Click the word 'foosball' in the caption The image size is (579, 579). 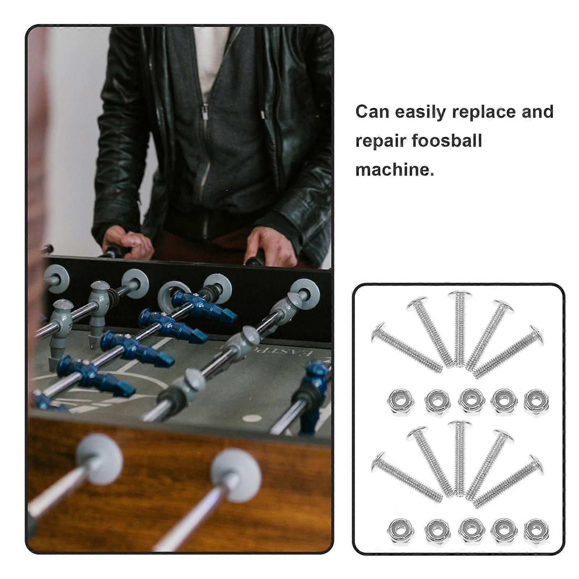tap(450, 140)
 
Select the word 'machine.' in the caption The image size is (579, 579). tap(395, 169)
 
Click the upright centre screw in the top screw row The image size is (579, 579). tap(459, 329)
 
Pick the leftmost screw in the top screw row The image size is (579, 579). tap(406, 347)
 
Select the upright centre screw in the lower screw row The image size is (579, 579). tap(459, 458)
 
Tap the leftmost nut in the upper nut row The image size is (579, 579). tap(401, 402)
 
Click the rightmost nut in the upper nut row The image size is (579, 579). tap(536, 402)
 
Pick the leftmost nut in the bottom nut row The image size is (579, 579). tap(401, 532)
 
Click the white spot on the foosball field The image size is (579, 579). tap(252, 418)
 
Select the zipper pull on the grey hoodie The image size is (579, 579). tap(205, 112)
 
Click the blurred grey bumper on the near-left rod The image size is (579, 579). tap(100, 459)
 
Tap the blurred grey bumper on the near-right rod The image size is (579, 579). tap(236, 476)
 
